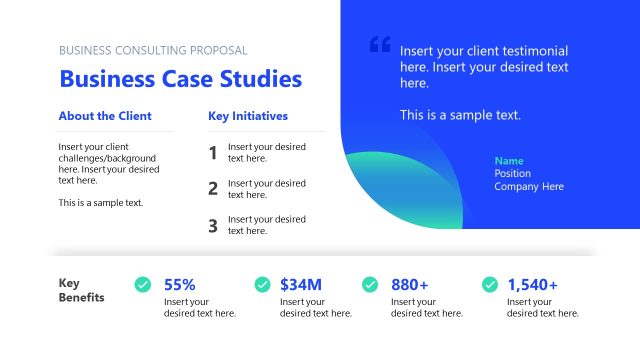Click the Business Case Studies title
click(x=180, y=79)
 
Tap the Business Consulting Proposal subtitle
click(x=153, y=50)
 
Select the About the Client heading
click(x=105, y=116)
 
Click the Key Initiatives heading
click(x=248, y=116)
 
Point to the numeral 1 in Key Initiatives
click(x=213, y=153)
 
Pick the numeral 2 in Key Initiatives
click(x=213, y=189)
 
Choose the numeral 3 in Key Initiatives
click(x=213, y=225)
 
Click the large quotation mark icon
click(x=380, y=45)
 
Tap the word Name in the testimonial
click(x=509, y=161)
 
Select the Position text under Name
click(x=513, y=173)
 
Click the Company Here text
click(x=529, y=186)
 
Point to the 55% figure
click(x=180, y=285)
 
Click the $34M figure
click(x=301, y=285)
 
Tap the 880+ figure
click(x=410, y=285)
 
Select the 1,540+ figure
click(x=533, y=285)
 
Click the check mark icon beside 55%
click(x=143, y=285)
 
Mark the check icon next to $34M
click(x=263, y=285)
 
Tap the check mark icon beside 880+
click(x=370, y=285)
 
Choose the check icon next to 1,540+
click(x=490, y=285)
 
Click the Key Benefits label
click(x=81, y=290)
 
